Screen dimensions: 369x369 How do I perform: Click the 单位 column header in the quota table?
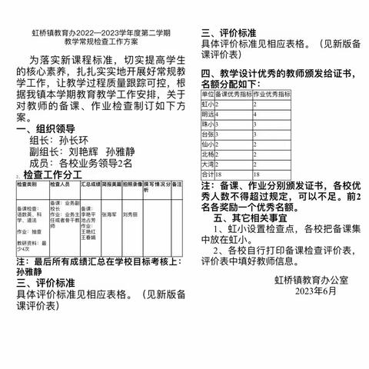(x=207, y=93)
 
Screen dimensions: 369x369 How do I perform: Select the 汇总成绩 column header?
(x=89, y=185)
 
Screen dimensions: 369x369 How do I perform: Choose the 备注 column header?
(x=176, y=185)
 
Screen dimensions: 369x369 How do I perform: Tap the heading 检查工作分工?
(x=53, y=175)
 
